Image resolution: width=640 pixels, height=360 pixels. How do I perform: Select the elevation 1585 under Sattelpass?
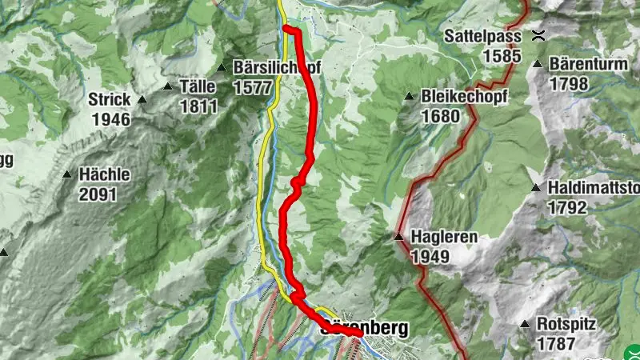(502, 56)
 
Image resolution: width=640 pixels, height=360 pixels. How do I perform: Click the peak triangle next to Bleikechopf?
(409, 97)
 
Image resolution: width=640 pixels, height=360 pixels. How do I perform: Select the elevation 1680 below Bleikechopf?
(442, 116)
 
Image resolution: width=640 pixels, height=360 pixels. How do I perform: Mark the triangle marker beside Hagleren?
(398, 237)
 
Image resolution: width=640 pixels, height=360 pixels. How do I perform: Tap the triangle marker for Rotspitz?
(525, 325)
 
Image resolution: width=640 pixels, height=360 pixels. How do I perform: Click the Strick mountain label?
(110, 100)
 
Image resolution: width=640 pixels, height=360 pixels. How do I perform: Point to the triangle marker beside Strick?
(142, 100)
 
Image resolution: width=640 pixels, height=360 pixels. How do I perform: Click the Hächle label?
(104, 174)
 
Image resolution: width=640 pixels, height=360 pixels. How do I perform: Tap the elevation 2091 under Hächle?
(98, 194)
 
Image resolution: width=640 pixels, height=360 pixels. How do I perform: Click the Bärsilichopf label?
(276, 68)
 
